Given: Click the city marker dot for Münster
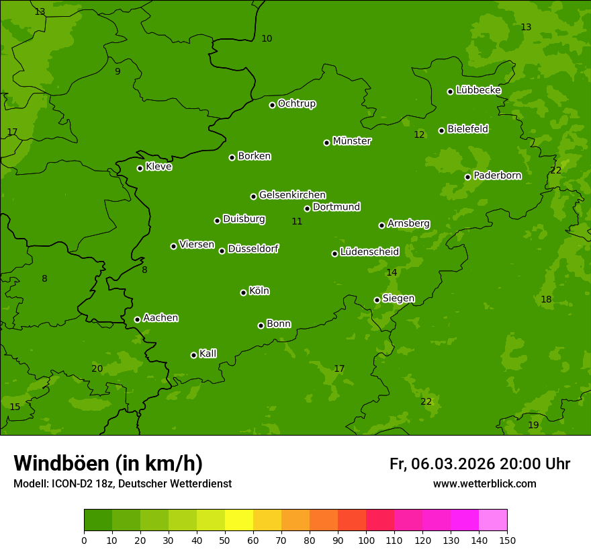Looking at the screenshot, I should pyautogui.click(x=327, y=143).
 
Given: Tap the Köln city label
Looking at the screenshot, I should pyautogui.click(x=259, y=291).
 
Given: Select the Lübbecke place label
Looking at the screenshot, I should pyautogui.click(x=478, y=90).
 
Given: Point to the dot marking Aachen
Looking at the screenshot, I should pyautogui.click(x=138, y=319).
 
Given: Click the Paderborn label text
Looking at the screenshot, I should pyautogui.click(x=497, y=175).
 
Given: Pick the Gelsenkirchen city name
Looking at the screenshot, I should pyautogui.click(x=292, y=195).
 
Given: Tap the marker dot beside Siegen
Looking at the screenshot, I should pyautogui.click(x=377, y=300).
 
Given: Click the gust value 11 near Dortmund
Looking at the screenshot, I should pyautogui.click(x=297, y=221).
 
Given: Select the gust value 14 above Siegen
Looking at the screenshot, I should pyautogui.click(x=392, y=272).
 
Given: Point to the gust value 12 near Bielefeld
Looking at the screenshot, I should pyautogui.click(x=419, y=134).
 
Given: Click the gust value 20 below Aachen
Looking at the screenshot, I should pyautogui.click(x=97, y=368).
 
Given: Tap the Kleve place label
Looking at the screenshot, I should pyautogui.click(x=158, y=167).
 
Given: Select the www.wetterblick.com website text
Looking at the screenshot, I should pyautogui.click(x=484, y=483).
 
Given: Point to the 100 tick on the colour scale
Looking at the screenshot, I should pyautogui.click(x=366, y=540).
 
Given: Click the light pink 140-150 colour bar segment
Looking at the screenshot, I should pyautogui.click(x=493, y=520).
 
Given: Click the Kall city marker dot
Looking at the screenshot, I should pyautogui.click(x=194, y=355).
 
